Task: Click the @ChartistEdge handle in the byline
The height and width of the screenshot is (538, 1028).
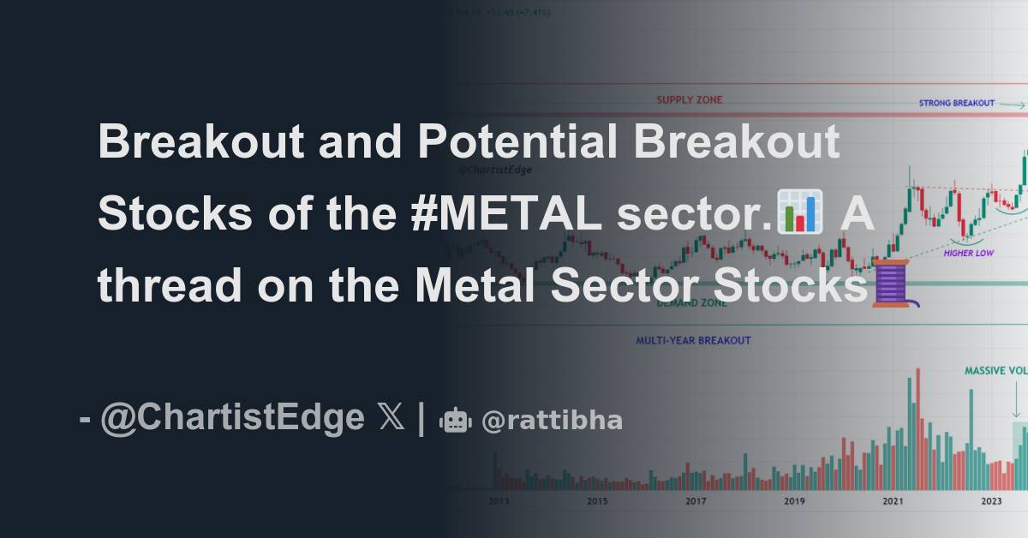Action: point(232,419)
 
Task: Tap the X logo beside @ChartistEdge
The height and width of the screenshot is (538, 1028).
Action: point(391,419)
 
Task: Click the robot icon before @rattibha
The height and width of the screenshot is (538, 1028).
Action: point(455,420)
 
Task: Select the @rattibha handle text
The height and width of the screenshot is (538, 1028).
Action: point(553,421)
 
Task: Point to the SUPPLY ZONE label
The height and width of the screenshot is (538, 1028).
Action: point(690,100)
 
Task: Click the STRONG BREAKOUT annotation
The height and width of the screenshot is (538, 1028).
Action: point(957,103)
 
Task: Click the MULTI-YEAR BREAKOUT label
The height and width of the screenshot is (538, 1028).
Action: point(693,340)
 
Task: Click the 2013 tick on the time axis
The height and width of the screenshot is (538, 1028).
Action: point(498,501)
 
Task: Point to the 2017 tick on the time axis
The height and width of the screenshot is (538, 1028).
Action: point(696,501)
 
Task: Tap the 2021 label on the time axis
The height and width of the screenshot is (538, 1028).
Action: point(893,501)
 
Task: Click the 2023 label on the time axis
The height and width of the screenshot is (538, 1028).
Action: point(991,501)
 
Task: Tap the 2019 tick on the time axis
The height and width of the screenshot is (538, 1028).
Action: point(794,501)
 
